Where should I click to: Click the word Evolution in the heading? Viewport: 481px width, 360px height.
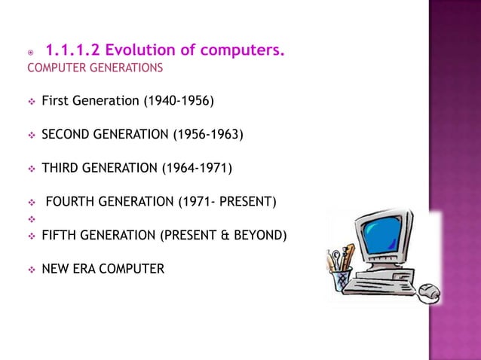coord(140,51)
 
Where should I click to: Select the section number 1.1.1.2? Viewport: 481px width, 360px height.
coord(72,51)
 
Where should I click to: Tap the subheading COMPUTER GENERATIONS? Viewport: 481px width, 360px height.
coord(94,69)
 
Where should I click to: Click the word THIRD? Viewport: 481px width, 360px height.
coord(60,167)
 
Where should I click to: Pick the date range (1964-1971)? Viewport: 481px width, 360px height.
coord(195,167)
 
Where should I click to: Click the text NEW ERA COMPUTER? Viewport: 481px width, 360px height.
coord(103,267)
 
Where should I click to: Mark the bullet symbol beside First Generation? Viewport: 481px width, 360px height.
coord(30,100)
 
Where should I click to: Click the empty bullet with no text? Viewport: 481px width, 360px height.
coord(30,218)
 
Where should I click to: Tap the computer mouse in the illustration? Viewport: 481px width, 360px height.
coord(430,289)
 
